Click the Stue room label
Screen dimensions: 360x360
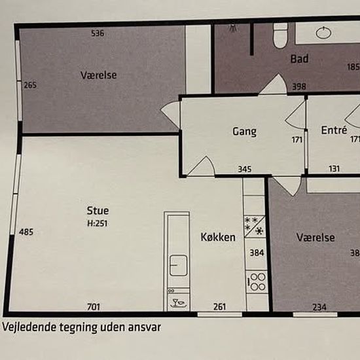[98, 211]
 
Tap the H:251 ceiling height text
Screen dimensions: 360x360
[98, 223]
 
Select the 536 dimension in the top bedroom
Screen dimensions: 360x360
[98, 33]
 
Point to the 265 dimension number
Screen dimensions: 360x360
[30, 85]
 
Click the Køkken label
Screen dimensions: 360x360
[218, 237]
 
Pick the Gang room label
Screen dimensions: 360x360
[245, 132]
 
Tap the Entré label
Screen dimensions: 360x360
[334, 130]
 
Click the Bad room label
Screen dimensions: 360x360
[299, 59]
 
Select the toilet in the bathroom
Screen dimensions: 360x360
[280, 35]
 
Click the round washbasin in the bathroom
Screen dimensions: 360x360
[324, 33]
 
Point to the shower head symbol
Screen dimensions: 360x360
[233, 28]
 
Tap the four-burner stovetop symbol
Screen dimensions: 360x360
[257, 282]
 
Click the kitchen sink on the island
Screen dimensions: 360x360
[179, 265]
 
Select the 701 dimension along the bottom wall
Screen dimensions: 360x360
[94, 307]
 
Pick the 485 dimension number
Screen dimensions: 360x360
[26, 232]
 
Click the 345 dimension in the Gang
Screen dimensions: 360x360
[245, 170]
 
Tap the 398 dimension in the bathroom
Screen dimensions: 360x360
[299, 86]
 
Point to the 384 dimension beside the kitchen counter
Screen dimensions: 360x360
[257, 253]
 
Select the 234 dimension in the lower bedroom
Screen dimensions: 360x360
[319, 307]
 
